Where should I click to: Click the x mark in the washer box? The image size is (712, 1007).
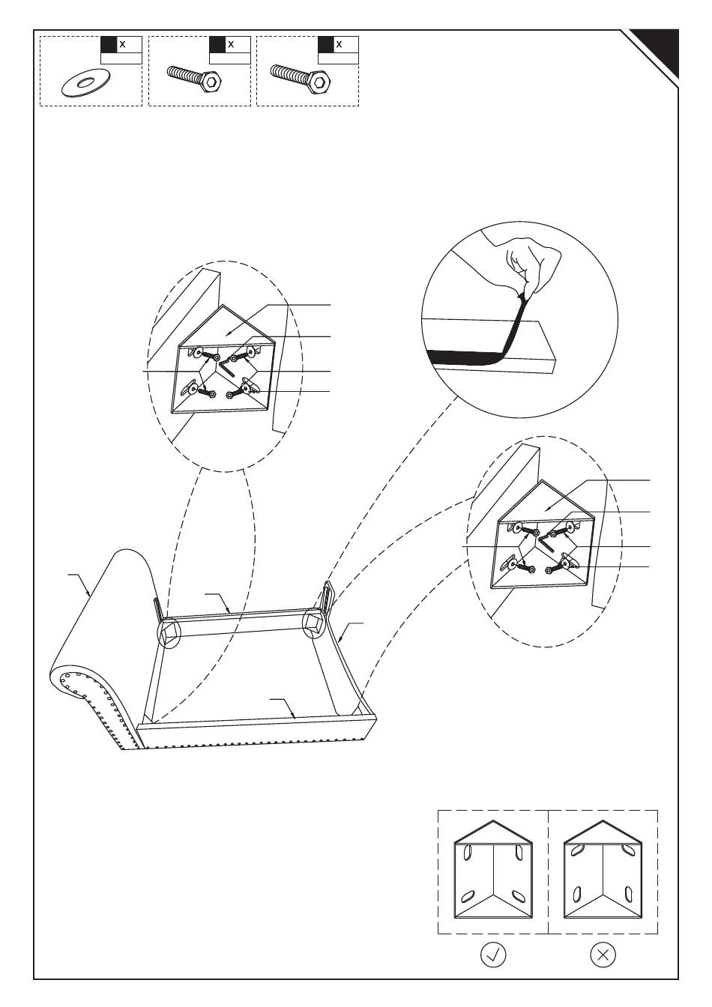pyautogui.click(x=122, y=44)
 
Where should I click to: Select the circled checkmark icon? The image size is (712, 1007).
pyautogui.click(x=492, y=955)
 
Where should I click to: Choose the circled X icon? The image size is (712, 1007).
pyautogui.click(x=603, y=955)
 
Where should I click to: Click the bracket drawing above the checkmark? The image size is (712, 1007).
pyautogui.click(x=493, y=873)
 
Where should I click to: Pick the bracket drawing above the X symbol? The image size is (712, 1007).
pyautogui.click(x=603, y=873)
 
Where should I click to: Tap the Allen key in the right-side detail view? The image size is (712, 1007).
pyautogui.click(x=546, y=540)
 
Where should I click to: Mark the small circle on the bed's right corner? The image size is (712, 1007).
pyautogui.click(x=314, y=623)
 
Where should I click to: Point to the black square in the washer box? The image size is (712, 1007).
pyautogui.click(x=109, y=44)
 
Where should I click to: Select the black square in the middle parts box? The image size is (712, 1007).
pyautogui.click(x=217, y=44)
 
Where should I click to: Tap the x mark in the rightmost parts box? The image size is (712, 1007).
pyautogui.click(x=340, y=44)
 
